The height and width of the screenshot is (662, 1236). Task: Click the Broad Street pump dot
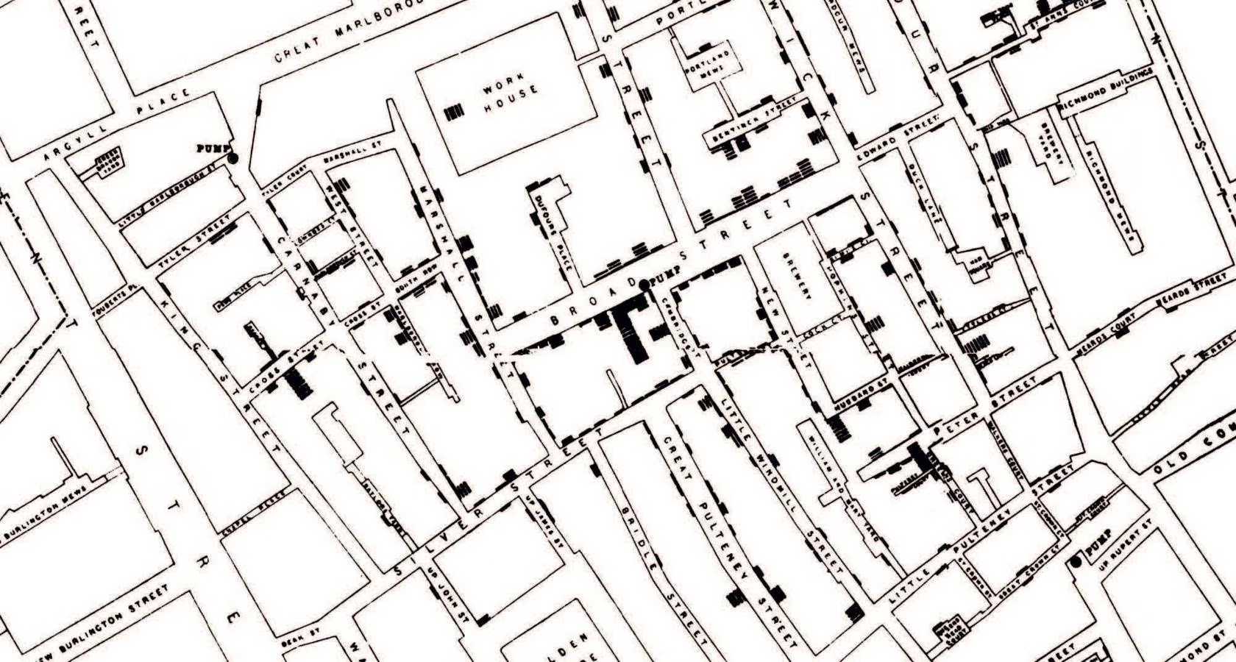(644, 285)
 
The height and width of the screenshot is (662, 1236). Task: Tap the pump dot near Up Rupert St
(1077, 562)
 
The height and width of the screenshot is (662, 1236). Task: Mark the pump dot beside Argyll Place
(233, 157)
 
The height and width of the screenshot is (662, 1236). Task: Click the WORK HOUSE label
(510, 96)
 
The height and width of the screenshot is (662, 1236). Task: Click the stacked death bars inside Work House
(455, 113)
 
